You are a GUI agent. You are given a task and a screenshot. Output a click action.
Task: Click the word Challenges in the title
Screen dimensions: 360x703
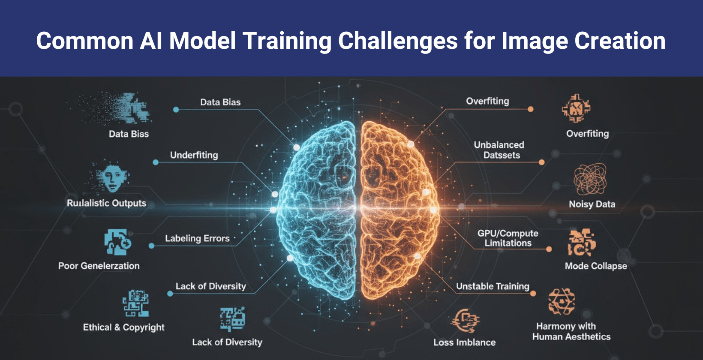(x=397, y=41)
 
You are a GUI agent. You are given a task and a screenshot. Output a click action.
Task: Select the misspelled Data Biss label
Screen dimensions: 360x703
(x=129, y=134)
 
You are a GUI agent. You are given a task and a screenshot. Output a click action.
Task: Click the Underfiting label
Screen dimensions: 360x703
(x=194, y=155)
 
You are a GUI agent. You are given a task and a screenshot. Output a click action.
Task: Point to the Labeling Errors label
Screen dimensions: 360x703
(x=197, y=238)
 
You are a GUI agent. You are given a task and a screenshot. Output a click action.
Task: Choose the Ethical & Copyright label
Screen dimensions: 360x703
(x=123, y=327)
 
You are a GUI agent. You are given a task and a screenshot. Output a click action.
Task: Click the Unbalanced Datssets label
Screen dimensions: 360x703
(x=499, y=150)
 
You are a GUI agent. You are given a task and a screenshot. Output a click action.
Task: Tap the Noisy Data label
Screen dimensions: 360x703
(x=592, y=204)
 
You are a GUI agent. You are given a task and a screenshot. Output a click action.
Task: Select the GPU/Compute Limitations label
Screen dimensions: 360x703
(x=508, y=238)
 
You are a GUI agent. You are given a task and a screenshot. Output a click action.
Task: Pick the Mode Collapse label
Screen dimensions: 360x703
(x=595, y=266)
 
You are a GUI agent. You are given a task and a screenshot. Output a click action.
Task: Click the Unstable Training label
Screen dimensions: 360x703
(x=493, y=286)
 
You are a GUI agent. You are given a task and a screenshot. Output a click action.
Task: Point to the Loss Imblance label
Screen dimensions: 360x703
(x=464, y=342)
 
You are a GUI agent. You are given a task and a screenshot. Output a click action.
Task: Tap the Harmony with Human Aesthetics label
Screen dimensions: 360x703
(x=571, y=332)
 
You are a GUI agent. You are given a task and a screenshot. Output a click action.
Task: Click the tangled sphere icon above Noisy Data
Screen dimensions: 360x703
(x=590, y=179)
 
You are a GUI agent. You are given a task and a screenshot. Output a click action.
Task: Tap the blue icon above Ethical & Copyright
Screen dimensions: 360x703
(x=135, y=303)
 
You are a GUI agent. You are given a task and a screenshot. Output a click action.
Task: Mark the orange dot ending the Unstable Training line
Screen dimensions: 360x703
(x=533, y=294)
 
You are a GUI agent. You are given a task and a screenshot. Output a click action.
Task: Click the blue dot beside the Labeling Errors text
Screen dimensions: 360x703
(x=151, y=246)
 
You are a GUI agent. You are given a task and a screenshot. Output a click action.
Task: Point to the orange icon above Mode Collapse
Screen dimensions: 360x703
(x=582, y=243)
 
